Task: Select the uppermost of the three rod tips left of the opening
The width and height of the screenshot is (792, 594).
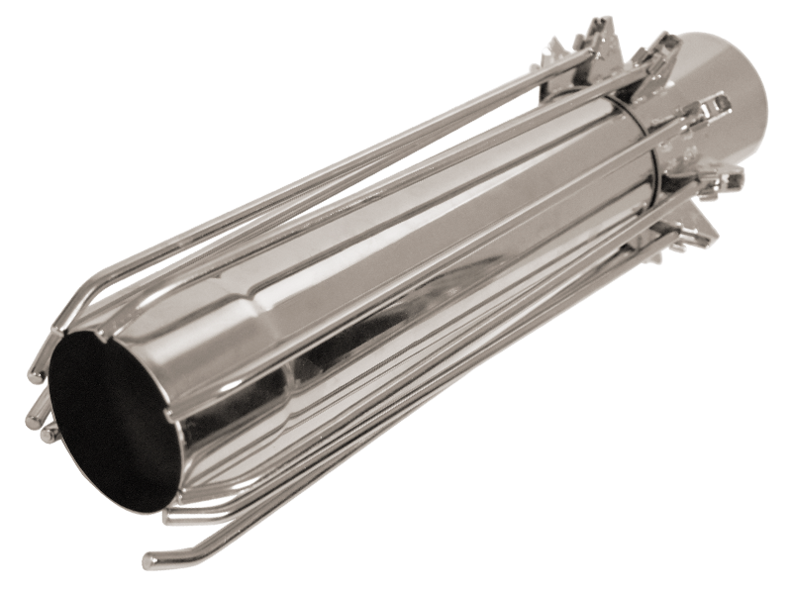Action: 37,375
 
